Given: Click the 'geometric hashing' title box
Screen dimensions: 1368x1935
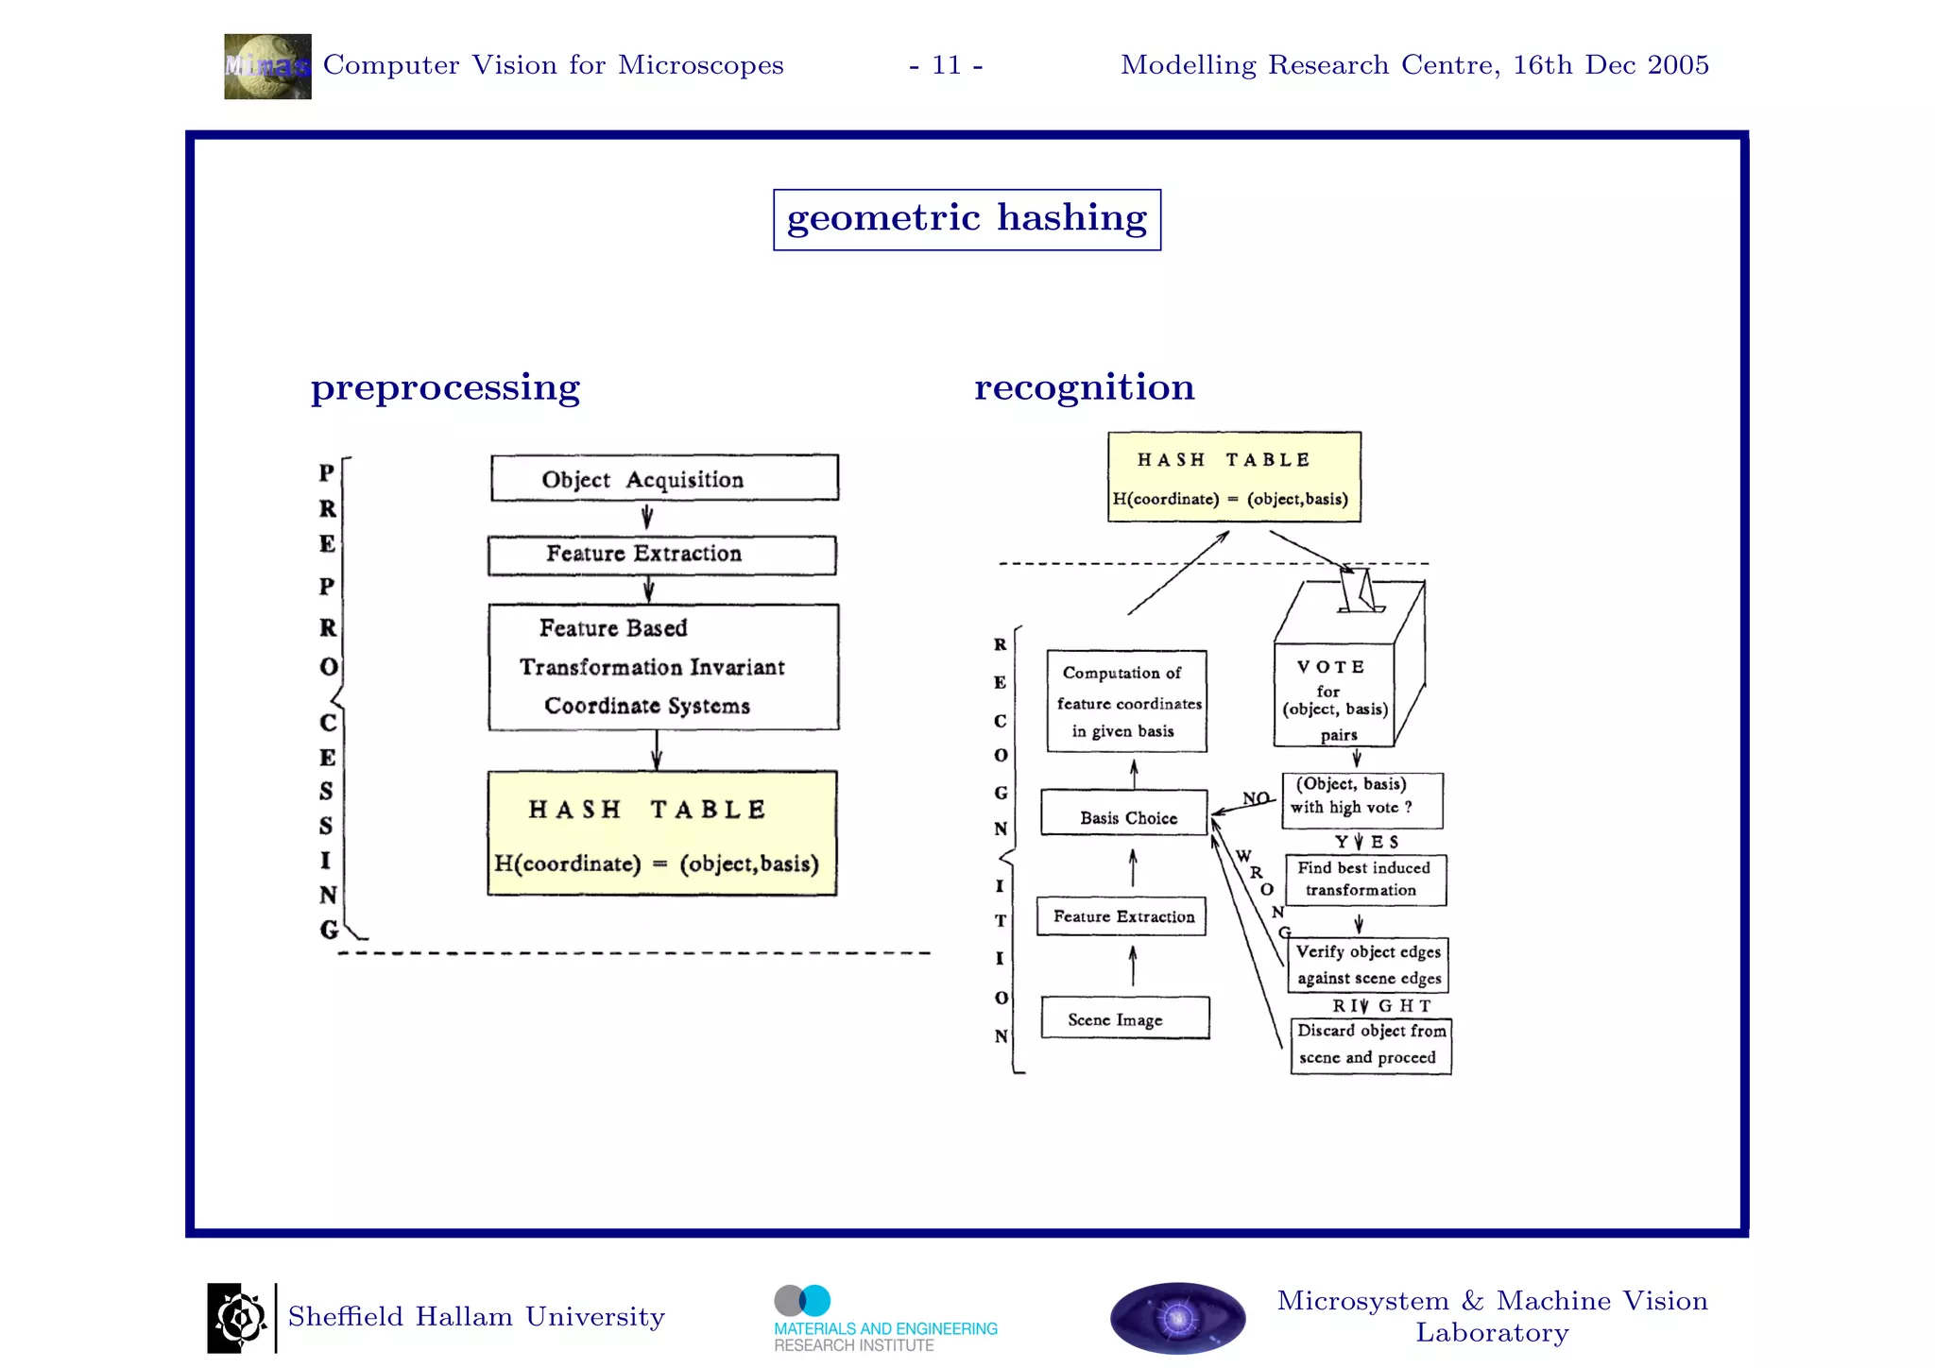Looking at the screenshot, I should point(967,219).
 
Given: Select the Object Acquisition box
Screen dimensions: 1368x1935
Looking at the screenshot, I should point(663,478).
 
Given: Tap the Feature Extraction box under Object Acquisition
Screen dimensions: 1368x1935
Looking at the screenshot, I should point(661,555).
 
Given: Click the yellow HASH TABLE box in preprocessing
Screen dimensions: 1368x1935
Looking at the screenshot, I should point(661,833).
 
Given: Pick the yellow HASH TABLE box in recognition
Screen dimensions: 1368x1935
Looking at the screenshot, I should point(1234,477).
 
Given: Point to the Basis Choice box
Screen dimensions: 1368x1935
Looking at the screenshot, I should point(1124,812).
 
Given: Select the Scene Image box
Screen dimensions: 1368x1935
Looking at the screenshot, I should point(1124,1017).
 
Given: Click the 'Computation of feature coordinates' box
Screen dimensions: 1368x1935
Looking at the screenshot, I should point(1126,701).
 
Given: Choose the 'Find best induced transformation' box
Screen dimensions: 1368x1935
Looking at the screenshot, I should point(1365,880).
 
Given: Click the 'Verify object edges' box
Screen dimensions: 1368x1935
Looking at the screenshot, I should point(1367,965).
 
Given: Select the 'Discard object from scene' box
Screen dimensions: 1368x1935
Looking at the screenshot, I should point(1370,1045).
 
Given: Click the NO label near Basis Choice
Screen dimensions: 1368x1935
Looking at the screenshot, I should point(1256,798).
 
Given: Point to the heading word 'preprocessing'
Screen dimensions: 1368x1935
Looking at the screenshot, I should point(445,388).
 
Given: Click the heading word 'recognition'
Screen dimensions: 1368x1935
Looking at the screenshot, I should point(1084,387).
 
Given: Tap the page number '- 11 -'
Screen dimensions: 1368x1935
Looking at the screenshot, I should point(946,65).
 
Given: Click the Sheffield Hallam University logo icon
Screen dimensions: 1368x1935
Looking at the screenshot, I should point(237,1317).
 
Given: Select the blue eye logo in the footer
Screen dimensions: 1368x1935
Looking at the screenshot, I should point(1177,1317).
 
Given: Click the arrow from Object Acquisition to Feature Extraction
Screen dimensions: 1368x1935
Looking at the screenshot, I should point(647,517).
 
